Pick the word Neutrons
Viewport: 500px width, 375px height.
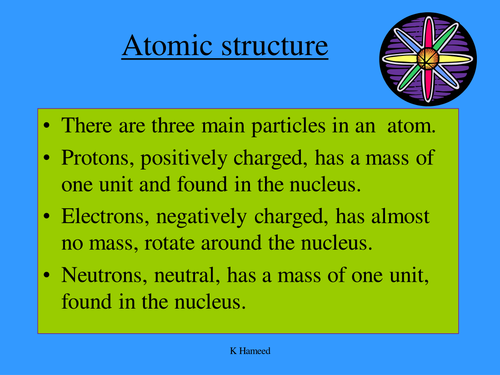click(x=104, y=276)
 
